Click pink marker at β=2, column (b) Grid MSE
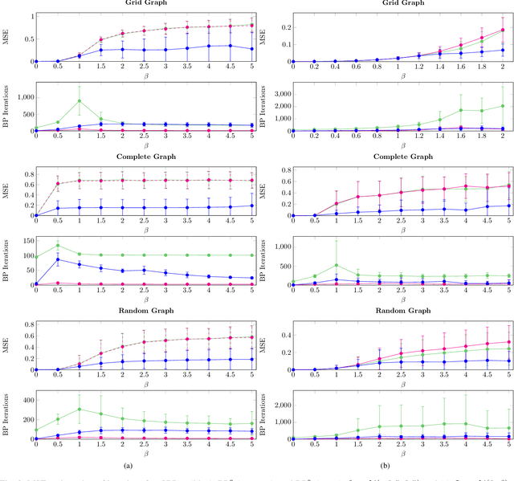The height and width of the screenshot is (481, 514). coord(503,30)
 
